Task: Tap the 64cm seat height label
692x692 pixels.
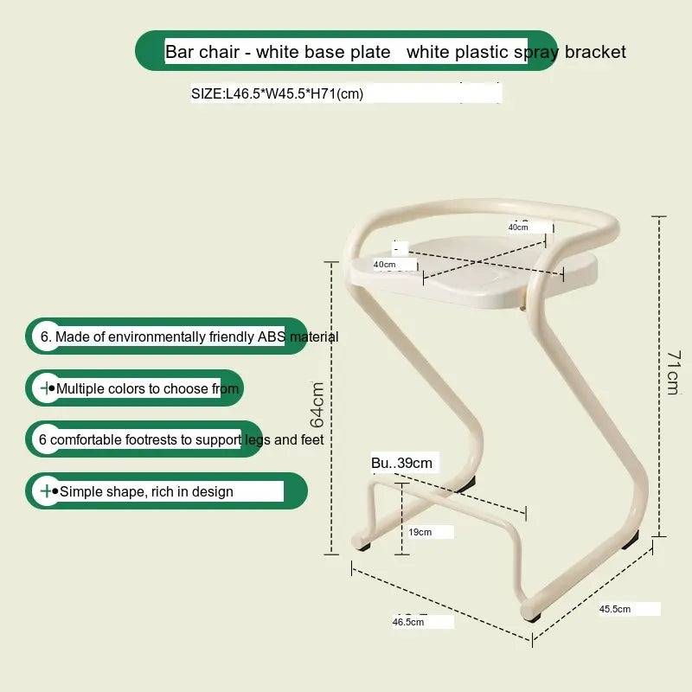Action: coord(317,404)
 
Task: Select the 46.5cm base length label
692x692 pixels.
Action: coord(408,621)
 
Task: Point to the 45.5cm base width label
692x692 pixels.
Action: coord(615,609)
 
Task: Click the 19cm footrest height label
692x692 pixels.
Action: coord(420,532)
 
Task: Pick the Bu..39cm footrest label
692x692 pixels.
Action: coord(401,463)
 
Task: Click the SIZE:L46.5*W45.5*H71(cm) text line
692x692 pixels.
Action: coord(277,93)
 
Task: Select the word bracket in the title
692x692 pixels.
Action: coord(595,52)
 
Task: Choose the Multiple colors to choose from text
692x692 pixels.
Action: coord(147,388)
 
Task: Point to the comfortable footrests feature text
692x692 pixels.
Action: coord(182,439)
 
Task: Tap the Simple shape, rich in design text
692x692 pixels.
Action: coord(145,491)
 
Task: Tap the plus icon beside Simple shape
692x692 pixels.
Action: coord(45,491)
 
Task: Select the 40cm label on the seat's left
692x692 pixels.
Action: coord(384,264)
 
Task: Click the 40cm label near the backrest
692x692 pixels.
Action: coord(518,227)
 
